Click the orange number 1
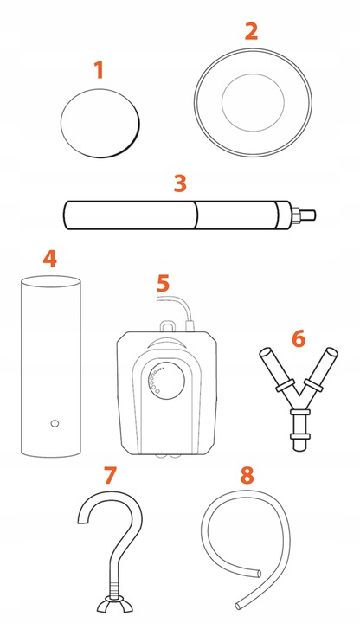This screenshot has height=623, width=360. (x=99, y=70)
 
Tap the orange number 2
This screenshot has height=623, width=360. (x=251, y=31)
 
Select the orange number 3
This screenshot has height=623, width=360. (x=180, y=183)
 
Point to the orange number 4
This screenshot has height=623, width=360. (x=50, y=259)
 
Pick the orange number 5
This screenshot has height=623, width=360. (x=164, y=283)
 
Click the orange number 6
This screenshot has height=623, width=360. (x=299, y=339)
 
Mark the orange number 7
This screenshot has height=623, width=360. (x=110, y=475)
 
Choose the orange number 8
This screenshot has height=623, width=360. (x=247, y=475)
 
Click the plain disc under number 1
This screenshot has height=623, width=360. (x=100, y=123)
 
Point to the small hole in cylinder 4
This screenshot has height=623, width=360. (x=55, y=423)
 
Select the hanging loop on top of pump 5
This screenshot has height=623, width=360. (x=167, y=325)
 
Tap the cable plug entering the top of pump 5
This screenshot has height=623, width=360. (x=190, y=326)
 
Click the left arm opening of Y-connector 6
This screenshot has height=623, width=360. (x=265, y=352)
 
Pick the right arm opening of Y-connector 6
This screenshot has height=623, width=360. (x=331, y=352)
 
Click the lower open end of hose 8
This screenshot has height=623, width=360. (x=238, y=606)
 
